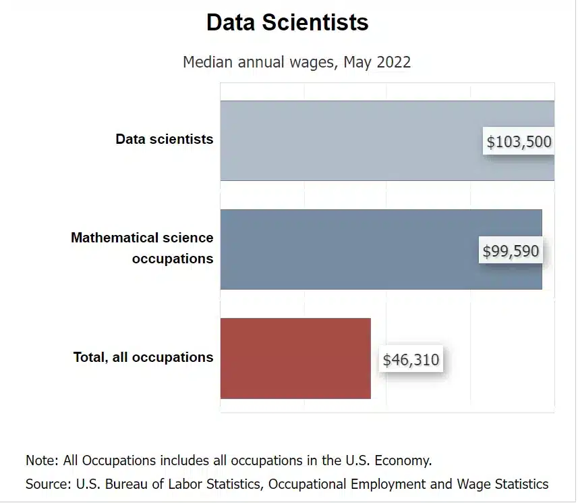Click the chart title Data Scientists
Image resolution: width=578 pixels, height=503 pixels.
coord(287,22)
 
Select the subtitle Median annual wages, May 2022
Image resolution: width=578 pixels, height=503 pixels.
coord(297,62)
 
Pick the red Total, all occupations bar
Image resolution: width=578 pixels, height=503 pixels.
coord(295,358)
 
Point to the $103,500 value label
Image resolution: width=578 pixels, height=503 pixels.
coord(519,142)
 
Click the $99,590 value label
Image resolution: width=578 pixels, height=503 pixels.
coord(511,251)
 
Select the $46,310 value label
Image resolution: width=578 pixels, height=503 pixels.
coord(411,360)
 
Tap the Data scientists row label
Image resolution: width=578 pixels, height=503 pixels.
coord(164,139)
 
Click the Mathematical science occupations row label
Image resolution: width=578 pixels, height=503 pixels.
coord(142,248)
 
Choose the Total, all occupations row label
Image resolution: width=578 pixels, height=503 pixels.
coord(143,357)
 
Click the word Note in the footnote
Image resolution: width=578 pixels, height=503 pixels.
coord(41,461)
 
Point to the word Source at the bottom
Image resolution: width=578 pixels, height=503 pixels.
coord(47,484)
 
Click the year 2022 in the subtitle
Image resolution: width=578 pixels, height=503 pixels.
coord(394,62)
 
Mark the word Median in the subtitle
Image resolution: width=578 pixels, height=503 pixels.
coord(206,62)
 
